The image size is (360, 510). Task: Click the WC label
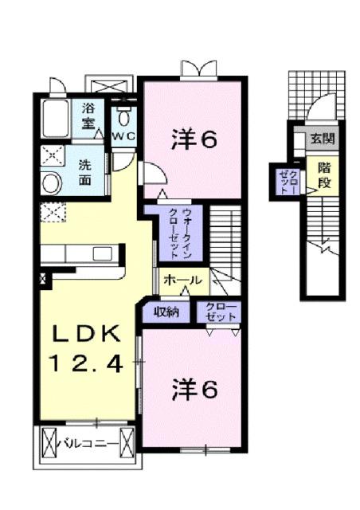coord(123,136)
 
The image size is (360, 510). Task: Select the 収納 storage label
coord(166,311)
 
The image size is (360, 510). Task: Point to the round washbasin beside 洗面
coord(51,184)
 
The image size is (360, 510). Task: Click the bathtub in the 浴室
coord(53,119)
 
